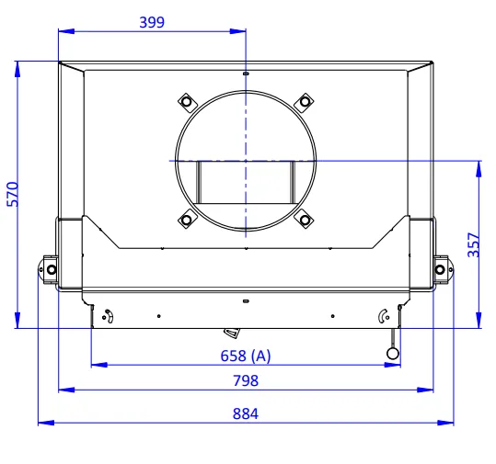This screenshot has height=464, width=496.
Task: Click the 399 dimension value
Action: point(152,22)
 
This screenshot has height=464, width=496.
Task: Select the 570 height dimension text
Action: point(13,194)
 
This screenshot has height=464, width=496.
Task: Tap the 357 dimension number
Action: point(474,244)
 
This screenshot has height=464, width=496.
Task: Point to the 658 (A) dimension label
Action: point(246,356)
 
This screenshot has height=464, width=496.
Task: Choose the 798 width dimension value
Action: point(246,380)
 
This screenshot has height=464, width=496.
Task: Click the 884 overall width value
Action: point(246,413)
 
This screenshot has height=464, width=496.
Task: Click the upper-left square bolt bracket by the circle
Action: point(186,102)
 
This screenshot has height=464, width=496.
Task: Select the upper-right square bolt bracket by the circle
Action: point(305,102)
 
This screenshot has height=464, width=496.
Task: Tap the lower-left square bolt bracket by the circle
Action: point(186,220)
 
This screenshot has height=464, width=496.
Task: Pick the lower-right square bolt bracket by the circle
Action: point(305,220)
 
